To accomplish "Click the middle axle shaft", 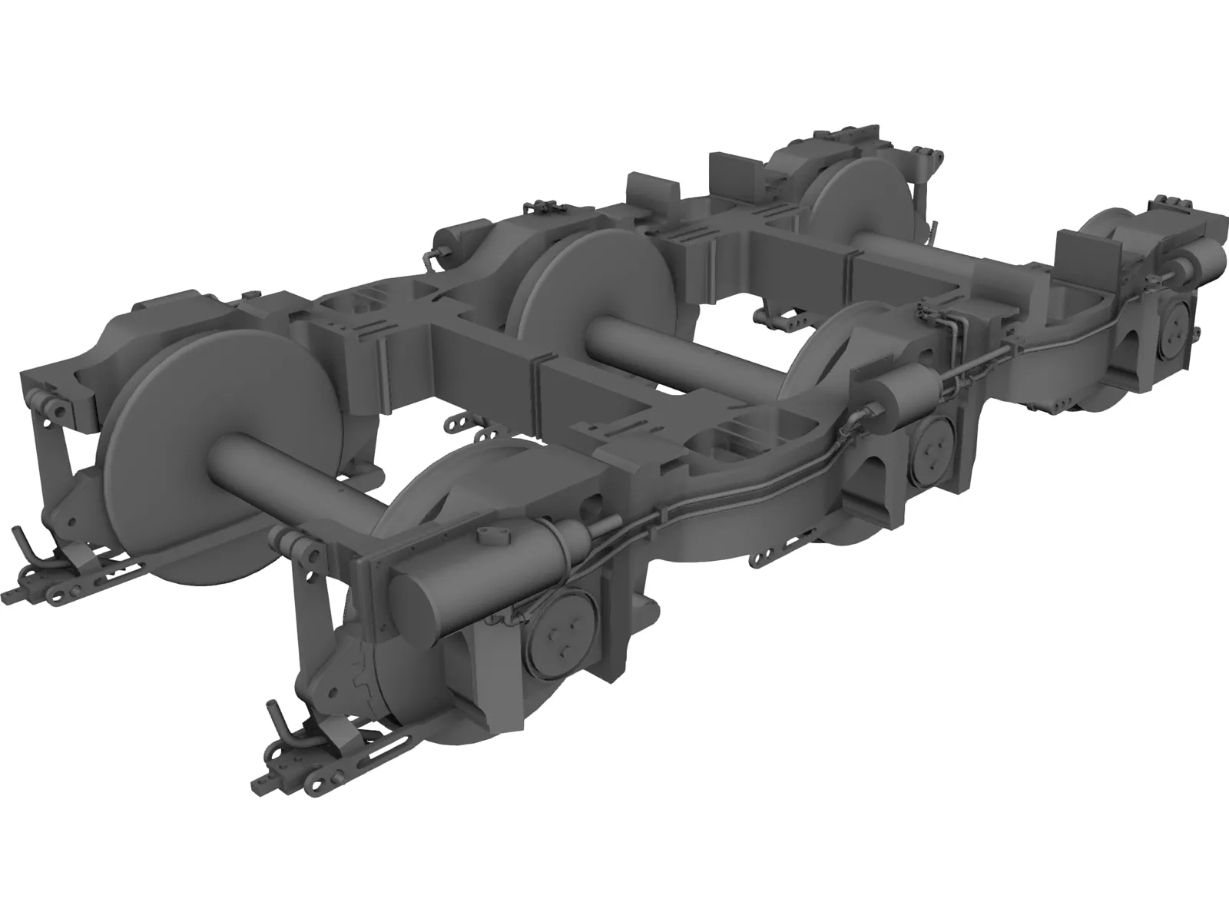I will [676, 353].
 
